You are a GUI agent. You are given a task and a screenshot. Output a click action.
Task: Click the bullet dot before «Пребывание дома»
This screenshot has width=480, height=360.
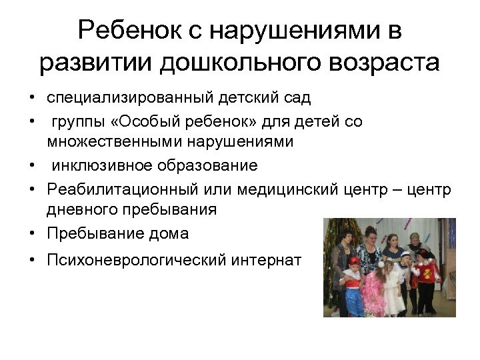coord(32,234)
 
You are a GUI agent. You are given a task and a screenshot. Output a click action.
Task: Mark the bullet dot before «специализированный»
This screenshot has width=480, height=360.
coord(32,99)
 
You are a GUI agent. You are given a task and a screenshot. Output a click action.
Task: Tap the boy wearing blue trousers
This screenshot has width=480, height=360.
coord(353,287)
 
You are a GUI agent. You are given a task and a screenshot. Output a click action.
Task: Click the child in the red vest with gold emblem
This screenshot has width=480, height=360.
coord(424,277)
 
